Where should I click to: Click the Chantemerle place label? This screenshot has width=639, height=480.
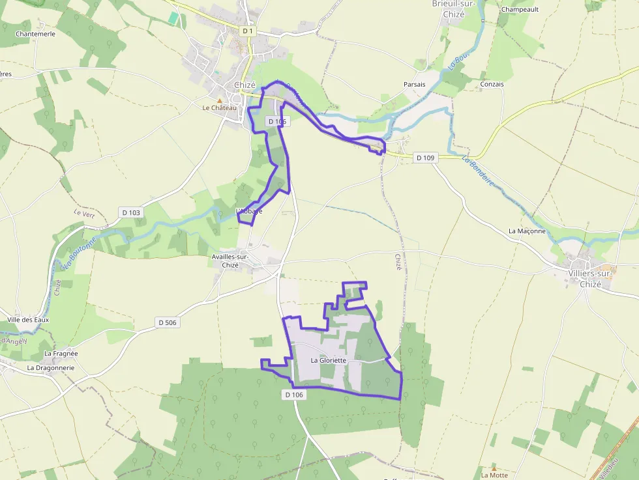35,34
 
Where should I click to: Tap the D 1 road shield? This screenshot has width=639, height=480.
247,31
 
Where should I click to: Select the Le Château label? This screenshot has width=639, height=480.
219,108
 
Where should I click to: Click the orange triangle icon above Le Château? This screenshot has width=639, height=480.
219,100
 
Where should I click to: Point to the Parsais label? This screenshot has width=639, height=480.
414,85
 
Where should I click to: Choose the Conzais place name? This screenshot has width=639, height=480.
492,85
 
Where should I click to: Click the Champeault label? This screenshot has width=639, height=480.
520,10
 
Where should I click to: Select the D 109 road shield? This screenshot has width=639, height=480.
424,158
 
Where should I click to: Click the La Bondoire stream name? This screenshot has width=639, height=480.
478,171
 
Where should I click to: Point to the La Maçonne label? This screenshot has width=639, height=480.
527,231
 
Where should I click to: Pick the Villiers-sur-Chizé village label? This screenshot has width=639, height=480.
590,279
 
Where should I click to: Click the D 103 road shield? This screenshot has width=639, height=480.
130,212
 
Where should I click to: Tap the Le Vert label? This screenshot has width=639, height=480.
84,213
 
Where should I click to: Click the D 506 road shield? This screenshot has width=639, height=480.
167,322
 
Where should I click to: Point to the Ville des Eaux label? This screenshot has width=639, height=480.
28,320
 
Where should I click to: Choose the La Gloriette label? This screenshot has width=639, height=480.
328,360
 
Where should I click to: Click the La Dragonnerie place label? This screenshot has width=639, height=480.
51,367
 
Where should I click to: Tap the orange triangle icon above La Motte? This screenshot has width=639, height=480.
494,468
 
